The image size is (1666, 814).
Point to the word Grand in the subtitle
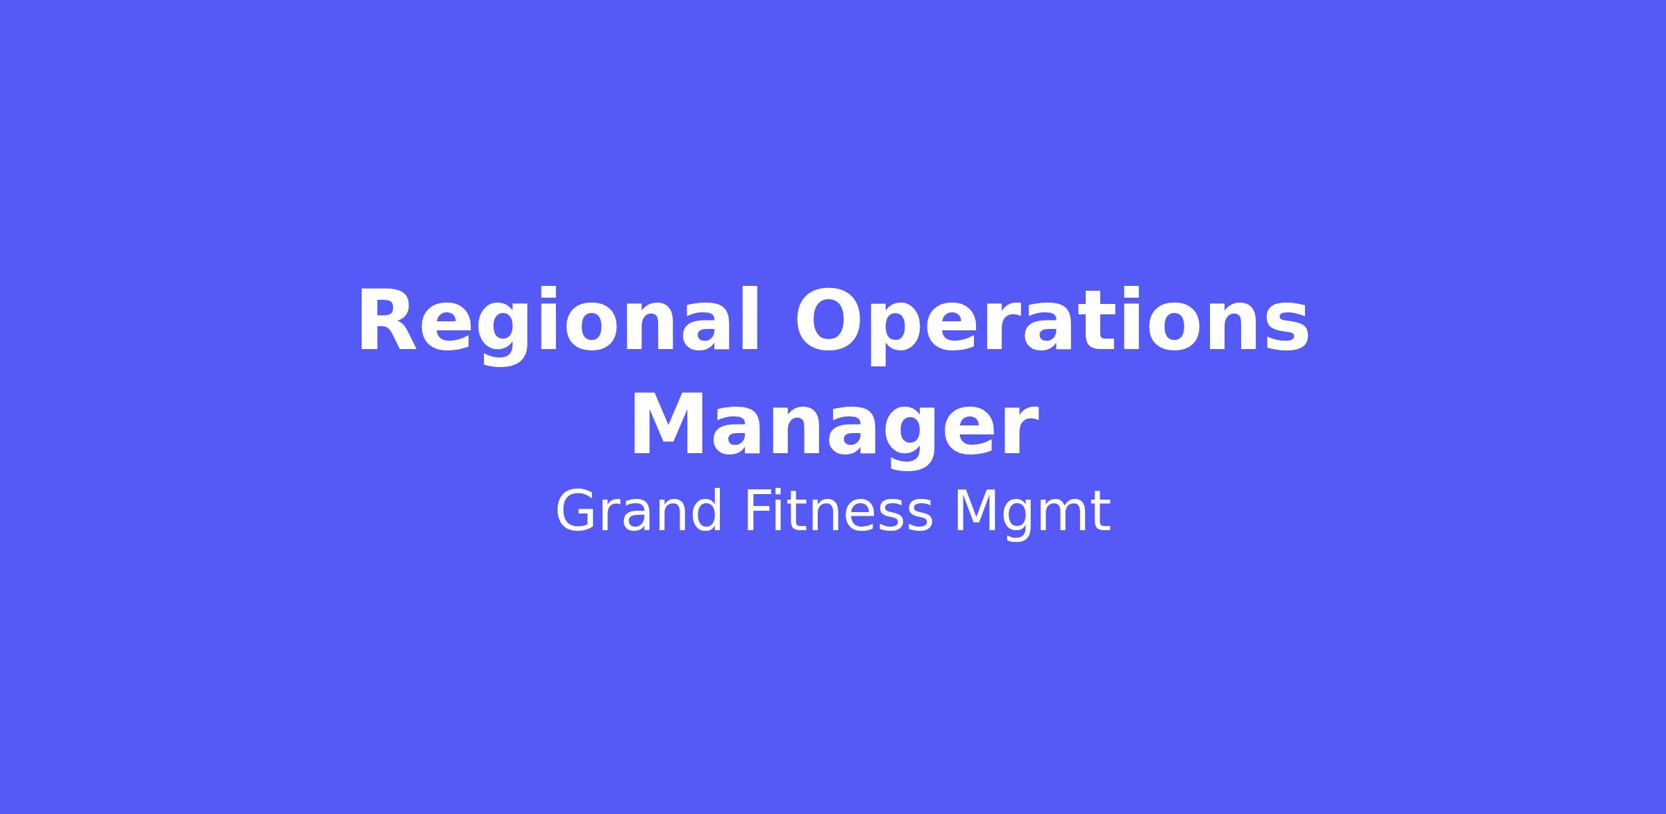(639, 512)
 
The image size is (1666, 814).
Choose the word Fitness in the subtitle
(838, 512)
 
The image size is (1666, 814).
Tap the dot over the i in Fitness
(786, 493)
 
